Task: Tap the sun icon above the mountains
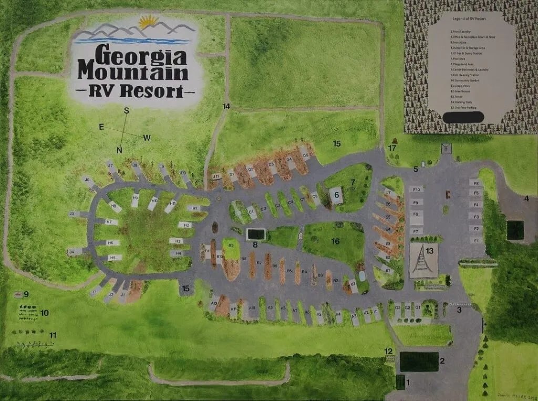149,23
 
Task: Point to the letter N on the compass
120,150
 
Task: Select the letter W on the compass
147,138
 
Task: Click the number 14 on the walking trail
226,107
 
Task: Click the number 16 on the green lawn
335,241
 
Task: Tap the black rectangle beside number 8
256,234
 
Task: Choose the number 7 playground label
353,182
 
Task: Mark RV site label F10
417,189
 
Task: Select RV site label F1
477,240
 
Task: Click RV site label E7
388,192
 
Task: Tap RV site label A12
214,303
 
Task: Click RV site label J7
110,166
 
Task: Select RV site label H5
112,258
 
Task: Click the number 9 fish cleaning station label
26,294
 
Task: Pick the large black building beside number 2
419,361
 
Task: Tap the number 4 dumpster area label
526,198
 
